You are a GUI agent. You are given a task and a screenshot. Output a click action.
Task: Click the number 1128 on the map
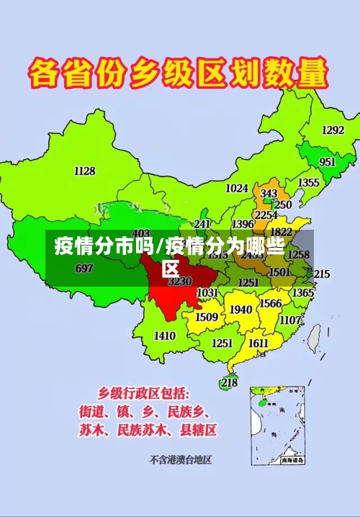click(x=84, y=171)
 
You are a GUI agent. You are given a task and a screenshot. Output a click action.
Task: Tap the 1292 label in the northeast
click(x=333, y=130)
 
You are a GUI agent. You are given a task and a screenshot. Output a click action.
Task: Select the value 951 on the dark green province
click(x=327, y=162)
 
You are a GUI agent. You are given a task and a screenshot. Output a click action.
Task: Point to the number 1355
click(x=309, y=183)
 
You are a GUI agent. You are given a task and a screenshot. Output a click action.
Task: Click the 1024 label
click(x=237, y=188)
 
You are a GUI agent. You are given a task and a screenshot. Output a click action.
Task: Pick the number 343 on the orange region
click(x=269, y=194)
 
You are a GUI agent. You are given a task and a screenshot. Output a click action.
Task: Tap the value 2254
click(x=266, y=215)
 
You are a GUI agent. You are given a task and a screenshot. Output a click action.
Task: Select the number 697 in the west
click(x=84, y=269)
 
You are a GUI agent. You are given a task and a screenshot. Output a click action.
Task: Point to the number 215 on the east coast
click(x=321, y=274)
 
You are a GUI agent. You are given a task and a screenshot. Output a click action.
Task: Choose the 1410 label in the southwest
click(x=165, y=336)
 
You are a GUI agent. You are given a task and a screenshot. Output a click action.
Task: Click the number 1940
click(x=240, y=310)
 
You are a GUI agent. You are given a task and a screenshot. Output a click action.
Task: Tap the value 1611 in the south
click(x=258, y=343)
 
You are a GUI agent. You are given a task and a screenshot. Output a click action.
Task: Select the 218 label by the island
click(x=229, y=382)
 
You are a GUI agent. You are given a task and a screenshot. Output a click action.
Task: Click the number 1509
click(x=207, y=317)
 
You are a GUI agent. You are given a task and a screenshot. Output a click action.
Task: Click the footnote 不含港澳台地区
click(x=185, y=459)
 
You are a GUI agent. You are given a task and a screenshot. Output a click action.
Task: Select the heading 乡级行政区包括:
click(x=144, y=394)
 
